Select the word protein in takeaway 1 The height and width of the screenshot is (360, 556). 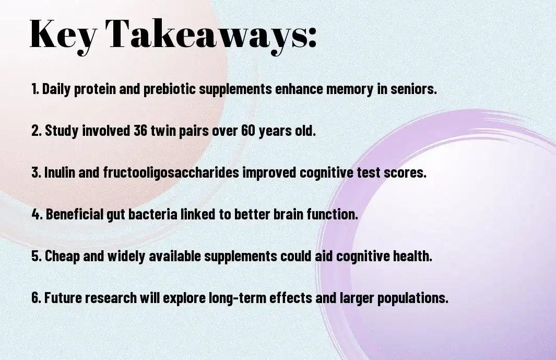(x=94, y=89)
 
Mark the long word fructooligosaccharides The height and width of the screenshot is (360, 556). (x=171, y=173)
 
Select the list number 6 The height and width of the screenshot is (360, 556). (x=36, y=298)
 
